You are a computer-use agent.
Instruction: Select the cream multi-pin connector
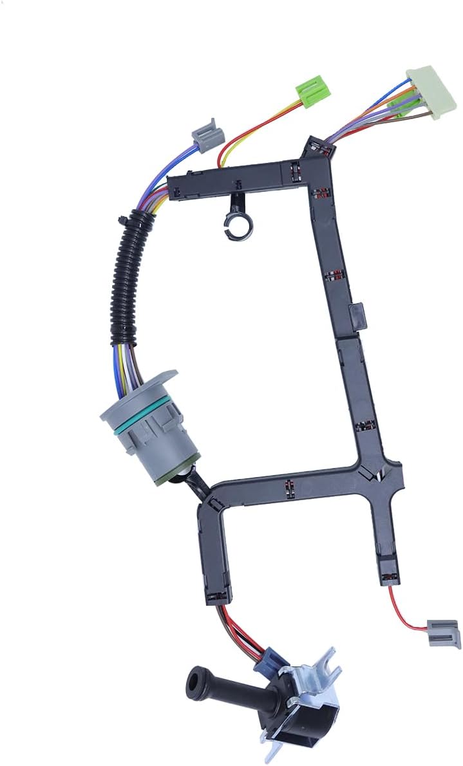(427, 95)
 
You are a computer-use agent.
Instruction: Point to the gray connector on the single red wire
(444, 633)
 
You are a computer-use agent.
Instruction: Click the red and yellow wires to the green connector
(251, 129)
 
